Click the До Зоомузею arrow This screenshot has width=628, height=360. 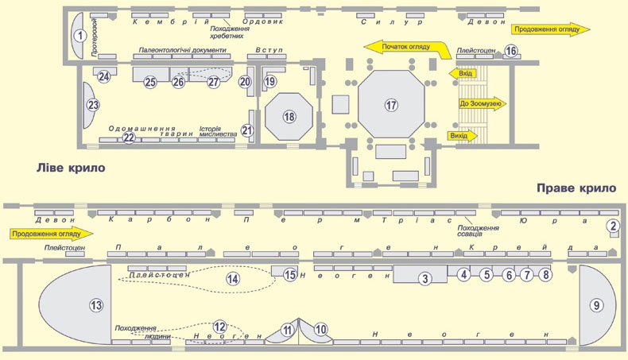[x=483, y=104]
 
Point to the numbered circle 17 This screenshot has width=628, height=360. [x=391, y=105]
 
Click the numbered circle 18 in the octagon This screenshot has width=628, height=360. [x=289, y=117]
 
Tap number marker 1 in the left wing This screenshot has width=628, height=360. [x=80, y=36]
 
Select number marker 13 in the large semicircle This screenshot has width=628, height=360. [x=96, y=305]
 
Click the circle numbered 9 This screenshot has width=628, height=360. [x=596, y=305]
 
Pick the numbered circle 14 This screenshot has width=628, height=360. [x=233, y=279]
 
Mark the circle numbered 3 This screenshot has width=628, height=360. [x=425, y=279]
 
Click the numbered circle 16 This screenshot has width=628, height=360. [x=510, y=51]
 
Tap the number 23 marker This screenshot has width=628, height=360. [x=93, y=106]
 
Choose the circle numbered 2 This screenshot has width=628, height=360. [x=613, y=226]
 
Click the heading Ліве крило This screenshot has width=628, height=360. [x=71, y=167]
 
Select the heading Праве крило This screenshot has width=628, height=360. [x=576, y=188]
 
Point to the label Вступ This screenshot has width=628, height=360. [x=269, y=49]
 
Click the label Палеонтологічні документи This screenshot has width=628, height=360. [x=183, y=50]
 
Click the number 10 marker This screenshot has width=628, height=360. [x=320, y=330]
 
